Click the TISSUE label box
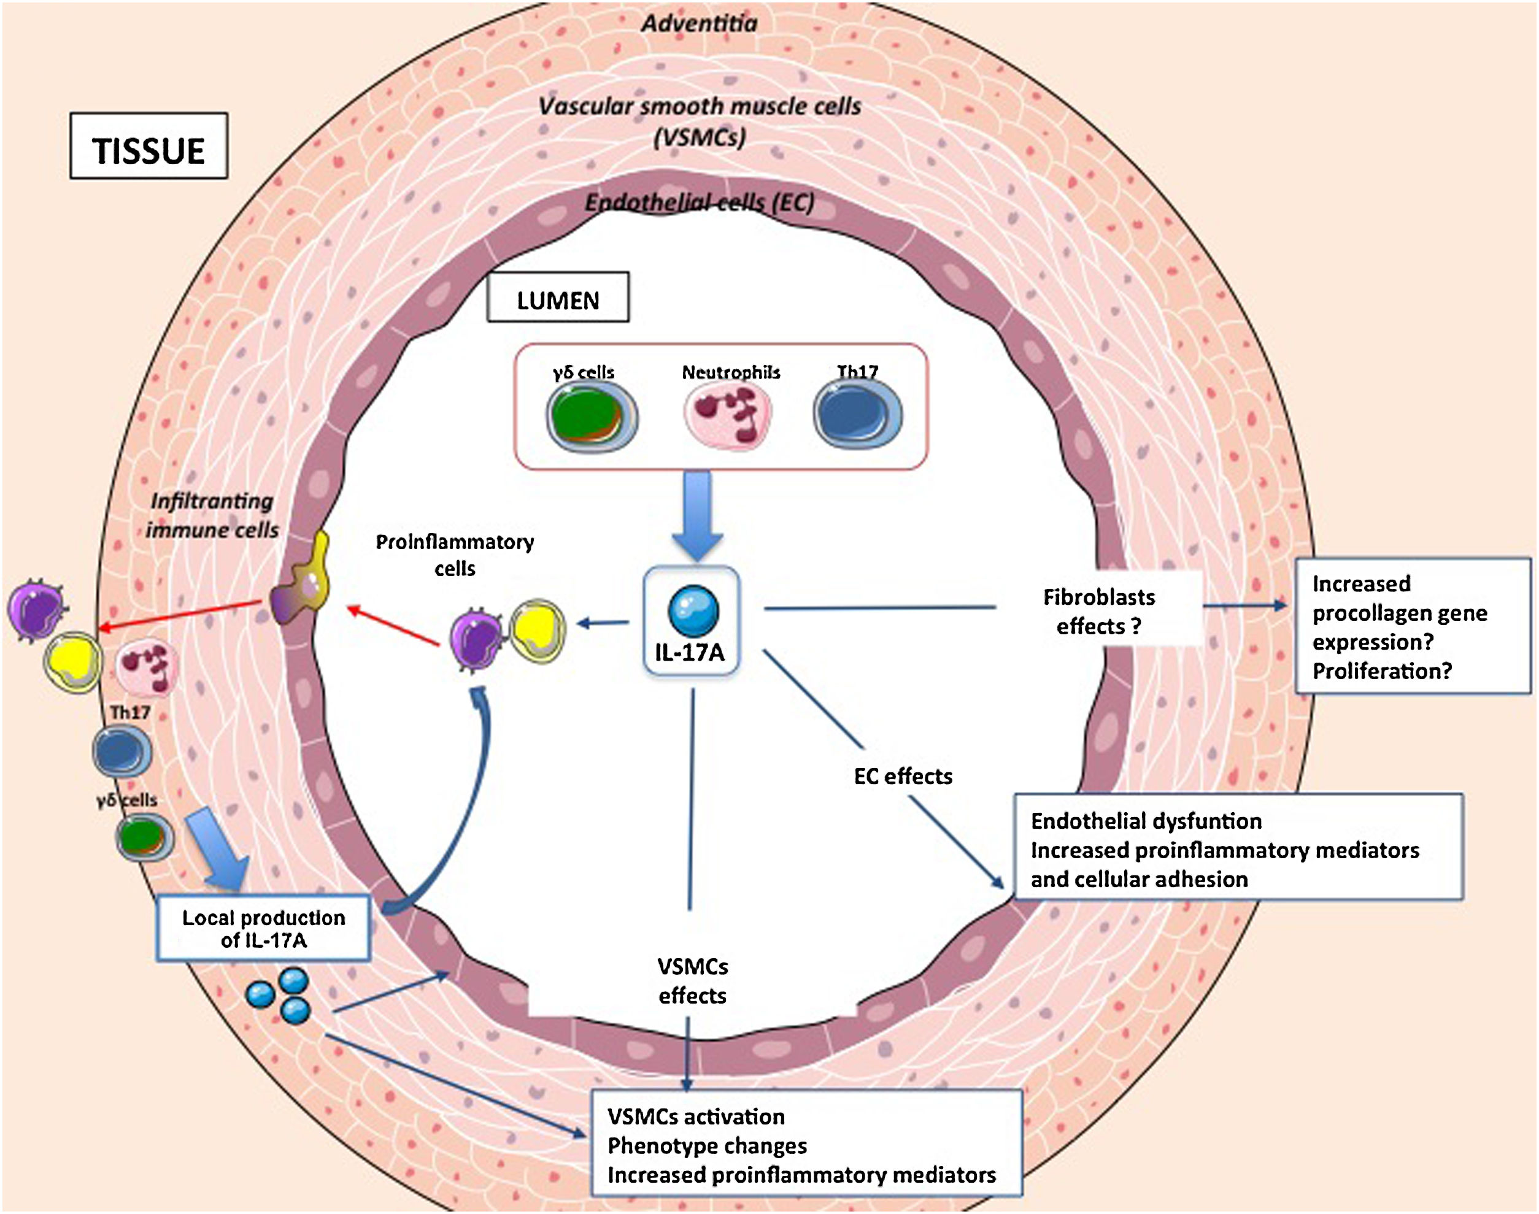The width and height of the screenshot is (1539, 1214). (148, 146)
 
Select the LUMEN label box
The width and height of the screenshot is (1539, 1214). (557, 297)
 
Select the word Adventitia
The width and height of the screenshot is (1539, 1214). (700, 23)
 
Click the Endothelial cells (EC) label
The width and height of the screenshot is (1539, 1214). (700, 203)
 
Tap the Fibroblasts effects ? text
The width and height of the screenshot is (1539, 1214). (1099, 611)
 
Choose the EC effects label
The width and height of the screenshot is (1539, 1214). (903, 776)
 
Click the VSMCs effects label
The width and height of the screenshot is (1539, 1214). (692, 981)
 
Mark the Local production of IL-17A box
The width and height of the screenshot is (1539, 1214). (264, 928)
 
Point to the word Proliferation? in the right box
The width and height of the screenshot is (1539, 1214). (1382, 671)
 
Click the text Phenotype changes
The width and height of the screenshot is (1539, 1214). (708, 1146)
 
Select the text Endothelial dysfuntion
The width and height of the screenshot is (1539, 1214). (1146, 821)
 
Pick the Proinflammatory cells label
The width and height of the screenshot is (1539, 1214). (455, 555)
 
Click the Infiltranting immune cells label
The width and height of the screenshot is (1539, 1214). (212, 515)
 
